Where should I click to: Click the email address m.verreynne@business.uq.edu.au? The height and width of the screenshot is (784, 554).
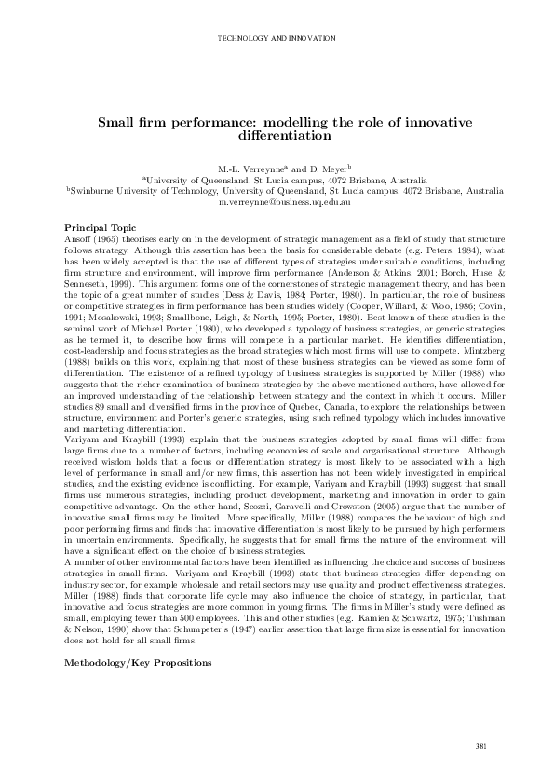tap(277, 201)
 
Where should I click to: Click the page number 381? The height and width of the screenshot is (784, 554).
tap(481, 747)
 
